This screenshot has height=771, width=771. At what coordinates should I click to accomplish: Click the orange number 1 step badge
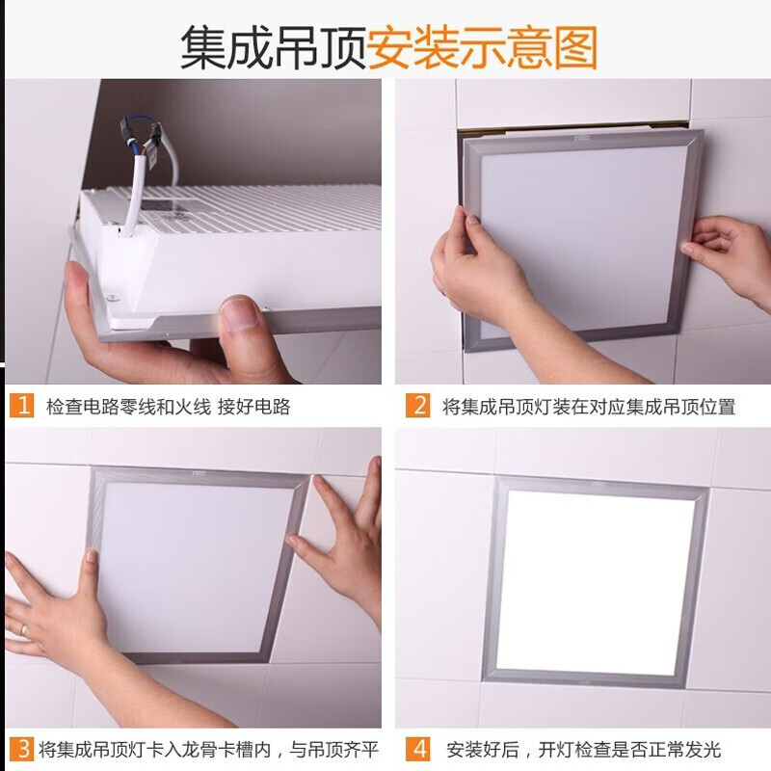[22, 406]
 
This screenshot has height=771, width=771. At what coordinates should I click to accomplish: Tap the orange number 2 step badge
[417, 406]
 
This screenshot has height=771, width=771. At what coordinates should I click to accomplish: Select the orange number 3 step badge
[21, 748]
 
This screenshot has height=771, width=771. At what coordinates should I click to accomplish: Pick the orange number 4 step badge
[417, 748]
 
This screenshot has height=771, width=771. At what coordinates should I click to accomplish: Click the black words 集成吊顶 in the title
[273, 46]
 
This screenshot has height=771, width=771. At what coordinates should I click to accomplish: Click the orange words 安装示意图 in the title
[482, 46]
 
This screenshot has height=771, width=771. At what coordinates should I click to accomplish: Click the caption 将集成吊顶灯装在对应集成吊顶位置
[588, 407]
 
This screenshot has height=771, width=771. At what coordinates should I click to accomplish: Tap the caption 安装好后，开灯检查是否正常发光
[583, 749]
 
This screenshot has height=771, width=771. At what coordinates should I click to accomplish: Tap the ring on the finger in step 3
[24, 628]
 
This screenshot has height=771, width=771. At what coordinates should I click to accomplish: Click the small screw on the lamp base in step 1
[112, 297]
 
